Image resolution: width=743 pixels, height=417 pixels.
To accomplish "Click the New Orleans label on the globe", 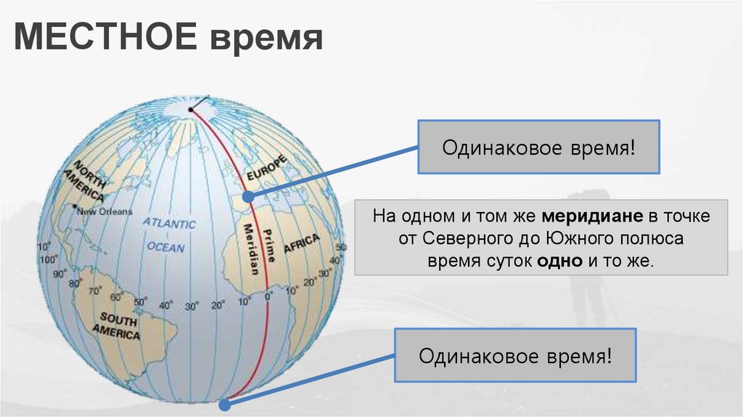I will pos(105,212).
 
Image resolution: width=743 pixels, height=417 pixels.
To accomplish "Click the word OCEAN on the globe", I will pos(166,247).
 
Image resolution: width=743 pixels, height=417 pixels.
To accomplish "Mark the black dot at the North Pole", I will pos(190,110).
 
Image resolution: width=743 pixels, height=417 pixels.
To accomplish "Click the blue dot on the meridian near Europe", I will pos(247,196).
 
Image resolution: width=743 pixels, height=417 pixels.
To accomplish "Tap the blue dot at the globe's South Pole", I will pos(223,399).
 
